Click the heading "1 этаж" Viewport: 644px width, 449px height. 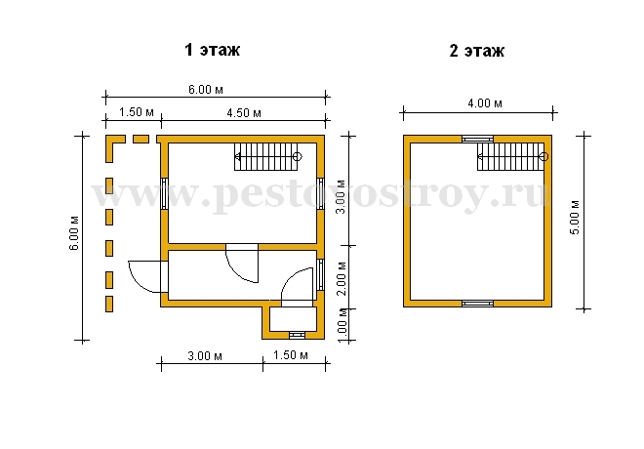(x=212, y=50)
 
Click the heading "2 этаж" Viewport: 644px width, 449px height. (x=476, y=51)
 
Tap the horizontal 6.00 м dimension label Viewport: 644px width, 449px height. (x=206, y=89)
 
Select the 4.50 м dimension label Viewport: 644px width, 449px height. (x=244, y=112)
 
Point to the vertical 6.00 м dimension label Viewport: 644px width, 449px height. (x=74, y=233)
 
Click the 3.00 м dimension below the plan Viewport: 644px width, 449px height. (x=205, y=355)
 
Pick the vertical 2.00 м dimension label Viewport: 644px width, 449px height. (x=342, y=278)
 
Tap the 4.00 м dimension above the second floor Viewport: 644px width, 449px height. (x=485, y=102)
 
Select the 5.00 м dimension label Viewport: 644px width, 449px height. (x=575, y=218)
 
